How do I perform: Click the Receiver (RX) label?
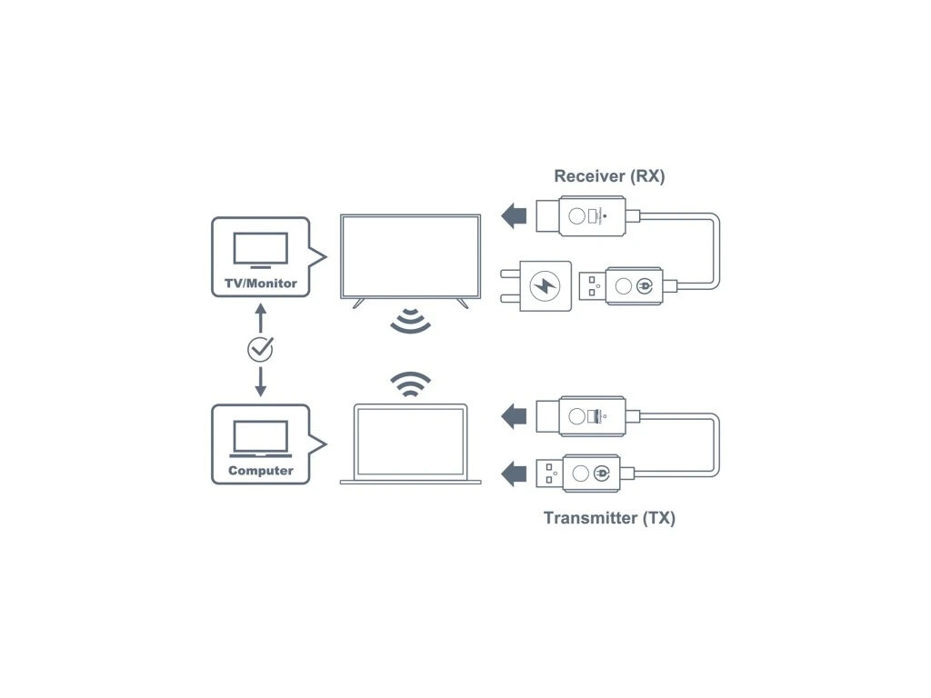coord(609,176)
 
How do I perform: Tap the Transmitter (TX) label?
coord(609,518)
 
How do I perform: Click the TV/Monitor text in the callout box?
coord(260,284)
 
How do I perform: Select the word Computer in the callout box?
coord(260,471)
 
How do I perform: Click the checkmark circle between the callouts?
coord(260,348)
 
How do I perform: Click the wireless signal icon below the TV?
coord(410,320)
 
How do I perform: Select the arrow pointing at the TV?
coord(514,216)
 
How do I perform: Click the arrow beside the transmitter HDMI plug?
coord(514,416)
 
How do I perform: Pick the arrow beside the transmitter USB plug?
coord(514,473)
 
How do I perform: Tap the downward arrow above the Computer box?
coord(260,382)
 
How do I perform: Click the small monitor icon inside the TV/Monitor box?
coord(260,250)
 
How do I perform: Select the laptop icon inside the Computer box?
coord(260,439)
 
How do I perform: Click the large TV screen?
coord(410,255)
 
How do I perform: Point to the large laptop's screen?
coord(410,441)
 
